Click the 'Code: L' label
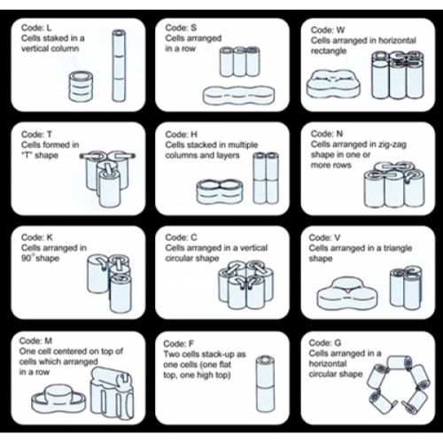tap(36, 28)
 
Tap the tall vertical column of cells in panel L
tap(119, 66)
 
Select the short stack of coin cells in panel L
tap(81, 86)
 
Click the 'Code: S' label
tap(181, 27)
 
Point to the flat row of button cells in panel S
tap(238, 95)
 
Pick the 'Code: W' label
tap(328, 30)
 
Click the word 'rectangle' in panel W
tap(329, 51)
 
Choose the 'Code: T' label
tap(36, 135)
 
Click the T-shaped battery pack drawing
tap(108, 179)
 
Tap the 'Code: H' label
tap(182, 135)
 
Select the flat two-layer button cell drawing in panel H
tap(220, 191)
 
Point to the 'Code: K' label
tap(37, 237)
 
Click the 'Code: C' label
tap(181, 237)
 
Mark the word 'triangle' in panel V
tap(397, 248)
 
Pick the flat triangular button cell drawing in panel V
tap(347, 293)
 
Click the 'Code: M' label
tap(35, 341)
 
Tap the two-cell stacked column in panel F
tap(265, 384)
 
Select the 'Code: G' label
tap(325, 343)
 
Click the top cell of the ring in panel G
tap(400, 363)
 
